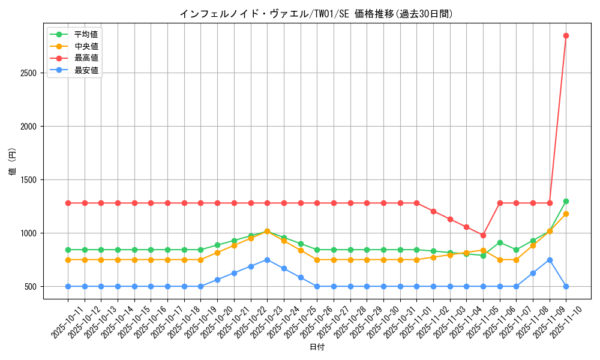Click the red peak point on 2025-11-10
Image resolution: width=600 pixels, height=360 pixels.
coord(566,35)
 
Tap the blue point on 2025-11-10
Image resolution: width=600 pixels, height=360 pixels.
coord(566,286)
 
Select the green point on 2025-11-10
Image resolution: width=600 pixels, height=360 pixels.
coord(566,201)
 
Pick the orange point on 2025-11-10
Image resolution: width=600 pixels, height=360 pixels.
coord(566,214)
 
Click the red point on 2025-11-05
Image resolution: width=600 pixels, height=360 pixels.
coord(483,235)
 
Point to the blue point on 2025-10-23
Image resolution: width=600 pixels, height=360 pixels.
coord(267,260)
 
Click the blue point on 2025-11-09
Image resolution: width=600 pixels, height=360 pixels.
coord(550,260)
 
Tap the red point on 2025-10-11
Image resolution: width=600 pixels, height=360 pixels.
coord(68,203)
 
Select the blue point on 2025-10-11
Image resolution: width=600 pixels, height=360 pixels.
coord(68,286)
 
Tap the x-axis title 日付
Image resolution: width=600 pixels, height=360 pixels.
coord(317,347)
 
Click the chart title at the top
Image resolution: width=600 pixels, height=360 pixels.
coord(316,14)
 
